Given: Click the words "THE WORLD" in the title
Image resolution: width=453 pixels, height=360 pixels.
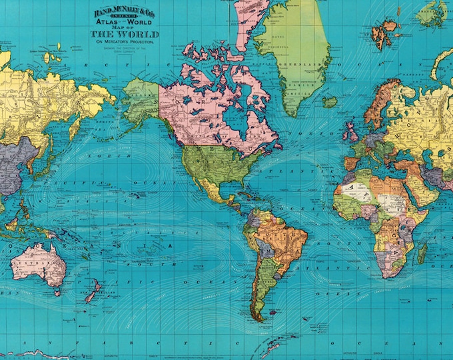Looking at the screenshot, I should click(x=125, y=34).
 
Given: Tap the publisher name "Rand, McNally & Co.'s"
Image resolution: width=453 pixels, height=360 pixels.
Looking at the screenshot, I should click(x=125, y=10).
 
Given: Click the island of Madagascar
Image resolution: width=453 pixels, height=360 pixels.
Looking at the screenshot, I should click(x=422, y=253).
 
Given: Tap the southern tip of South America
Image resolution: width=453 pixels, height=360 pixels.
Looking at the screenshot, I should click(x=256, y=317).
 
